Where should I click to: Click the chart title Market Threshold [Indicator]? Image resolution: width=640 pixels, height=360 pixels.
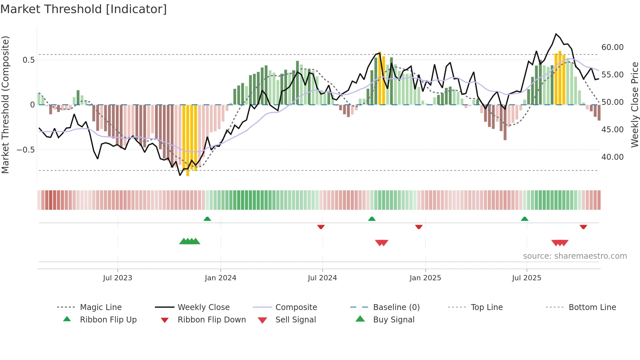tap(84, 9)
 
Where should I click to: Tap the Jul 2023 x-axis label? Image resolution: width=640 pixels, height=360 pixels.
tap(118, 278)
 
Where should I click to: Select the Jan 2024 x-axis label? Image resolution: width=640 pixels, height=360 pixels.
tap(220, 278)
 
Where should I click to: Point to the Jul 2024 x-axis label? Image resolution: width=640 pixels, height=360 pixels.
tap(322, 278)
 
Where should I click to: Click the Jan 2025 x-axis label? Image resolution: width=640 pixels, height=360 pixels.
tap(425, 278)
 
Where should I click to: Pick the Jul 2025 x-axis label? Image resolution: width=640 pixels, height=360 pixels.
tap(526, 278)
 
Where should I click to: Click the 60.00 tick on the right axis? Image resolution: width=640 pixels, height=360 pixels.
tap(612, 47)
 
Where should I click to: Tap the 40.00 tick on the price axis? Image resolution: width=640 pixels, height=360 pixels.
tap(612, 157)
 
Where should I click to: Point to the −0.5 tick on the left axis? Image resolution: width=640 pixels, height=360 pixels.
tap(25, 150)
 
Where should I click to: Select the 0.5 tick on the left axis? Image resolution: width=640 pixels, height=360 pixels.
tap(28, 60)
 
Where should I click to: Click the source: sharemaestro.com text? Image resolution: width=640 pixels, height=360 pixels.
tap(575, 256)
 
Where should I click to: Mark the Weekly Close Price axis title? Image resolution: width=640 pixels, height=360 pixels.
tap(634, 105)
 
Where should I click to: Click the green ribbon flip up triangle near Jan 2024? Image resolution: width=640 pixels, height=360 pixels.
tap(207, 219)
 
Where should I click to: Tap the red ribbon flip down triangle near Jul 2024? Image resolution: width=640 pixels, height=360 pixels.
tap(321, 227)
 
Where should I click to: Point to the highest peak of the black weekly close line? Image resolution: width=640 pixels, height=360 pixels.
tap(556, 34)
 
